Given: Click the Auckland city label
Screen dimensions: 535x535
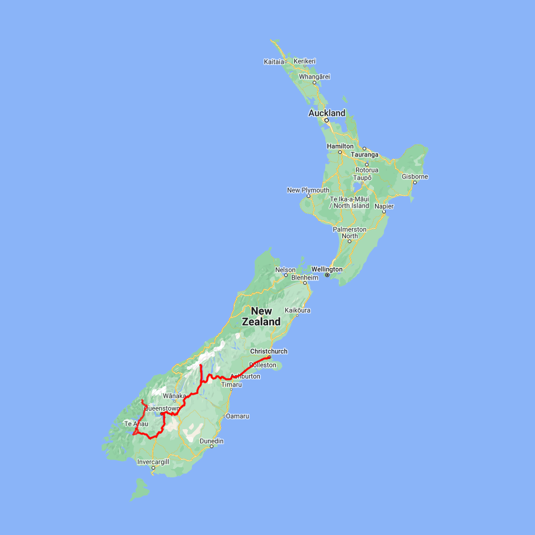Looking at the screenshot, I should pos(326,113).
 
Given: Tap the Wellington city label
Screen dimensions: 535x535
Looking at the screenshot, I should pos(326,269).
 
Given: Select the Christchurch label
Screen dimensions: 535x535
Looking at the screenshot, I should pos(269,351).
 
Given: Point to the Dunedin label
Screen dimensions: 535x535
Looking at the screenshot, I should pos(212,440).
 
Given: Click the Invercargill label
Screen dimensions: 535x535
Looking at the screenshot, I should pos(153,462).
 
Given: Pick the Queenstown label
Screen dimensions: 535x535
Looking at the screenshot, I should pos(162,408).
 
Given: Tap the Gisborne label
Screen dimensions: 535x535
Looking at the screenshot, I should pos(414,177).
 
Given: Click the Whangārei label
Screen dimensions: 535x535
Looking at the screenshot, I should pos(314,77).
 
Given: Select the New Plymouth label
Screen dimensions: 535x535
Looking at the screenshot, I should pos(308,190).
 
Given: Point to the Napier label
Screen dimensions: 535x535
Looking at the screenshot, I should pos(383,206).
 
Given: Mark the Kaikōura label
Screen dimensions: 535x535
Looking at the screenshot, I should pos(298,310).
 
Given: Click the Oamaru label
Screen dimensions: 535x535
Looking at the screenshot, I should pos(237,416).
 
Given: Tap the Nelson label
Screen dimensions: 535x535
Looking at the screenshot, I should pos(285,270).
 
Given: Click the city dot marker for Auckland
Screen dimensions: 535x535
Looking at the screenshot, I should pos(326,120).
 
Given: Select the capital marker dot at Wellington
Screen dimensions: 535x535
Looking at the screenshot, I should pos(327,275).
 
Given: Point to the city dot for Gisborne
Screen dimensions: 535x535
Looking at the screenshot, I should pos(414,182).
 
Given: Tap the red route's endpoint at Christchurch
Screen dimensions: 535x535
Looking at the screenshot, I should pos(269,357).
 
